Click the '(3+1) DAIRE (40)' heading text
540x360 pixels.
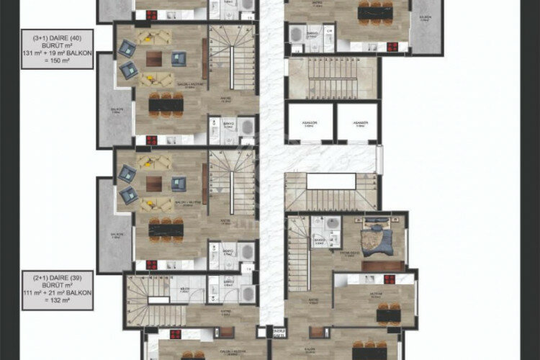point(57,35)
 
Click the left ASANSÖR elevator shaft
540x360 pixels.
point(310,123)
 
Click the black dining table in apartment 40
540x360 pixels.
point(166,104)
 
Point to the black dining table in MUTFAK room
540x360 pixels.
point(389,315)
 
